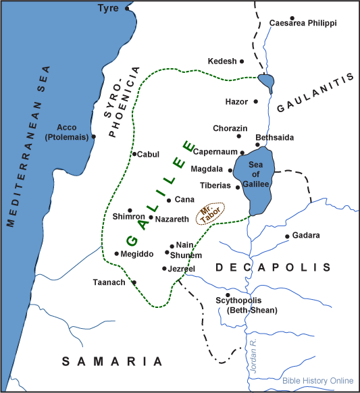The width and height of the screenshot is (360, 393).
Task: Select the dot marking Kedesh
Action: coord(242,61)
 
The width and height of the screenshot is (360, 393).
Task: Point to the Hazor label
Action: coord(236,102)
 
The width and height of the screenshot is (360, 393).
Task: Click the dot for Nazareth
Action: coord(151,217)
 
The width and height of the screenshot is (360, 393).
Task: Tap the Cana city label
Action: coord(184,200)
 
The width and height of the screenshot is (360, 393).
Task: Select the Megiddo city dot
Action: coord(116,254)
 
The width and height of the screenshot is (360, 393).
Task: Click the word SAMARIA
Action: coord(113,361)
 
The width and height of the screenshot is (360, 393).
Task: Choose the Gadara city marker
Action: coord(287,236)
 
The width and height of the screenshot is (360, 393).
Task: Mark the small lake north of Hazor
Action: coord(266,83)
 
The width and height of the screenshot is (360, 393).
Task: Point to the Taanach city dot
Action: coord(134,282)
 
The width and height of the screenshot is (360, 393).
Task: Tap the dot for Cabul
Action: coord(134,155)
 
